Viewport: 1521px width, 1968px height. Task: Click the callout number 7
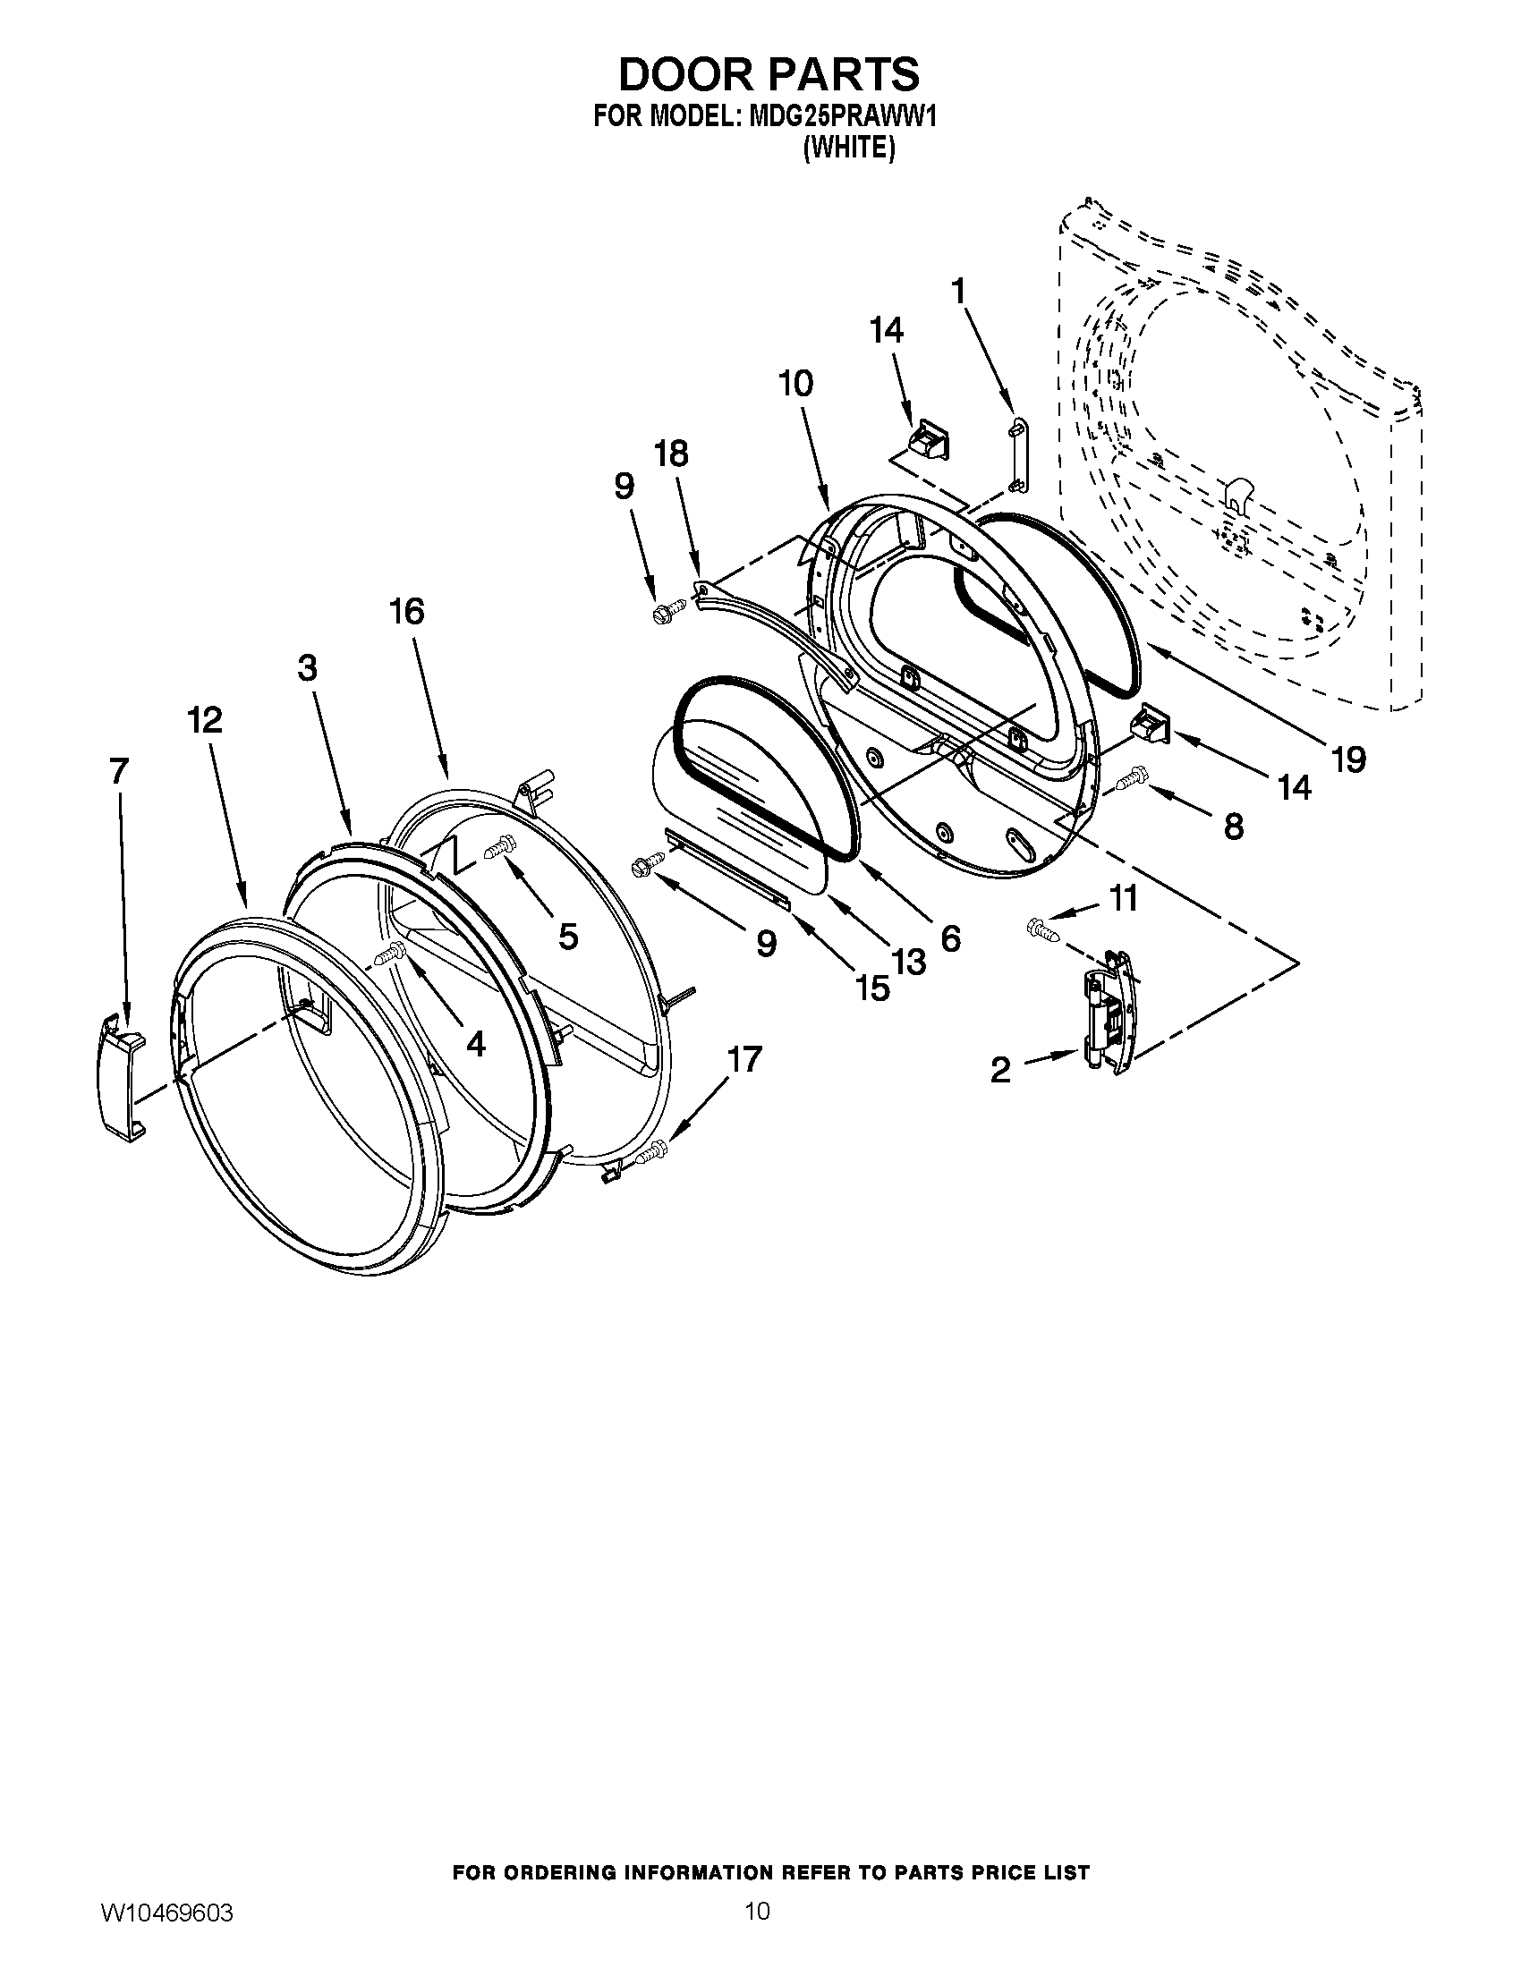tap(119, 771)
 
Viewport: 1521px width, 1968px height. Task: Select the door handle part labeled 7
tap(121, 1076)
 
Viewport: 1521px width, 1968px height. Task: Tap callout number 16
tap(406, 612)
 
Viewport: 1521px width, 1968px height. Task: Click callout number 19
tap(1348, 759)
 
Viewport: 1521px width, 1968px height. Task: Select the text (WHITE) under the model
tap(848, 148)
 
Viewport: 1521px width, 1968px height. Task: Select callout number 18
tap(671, 454)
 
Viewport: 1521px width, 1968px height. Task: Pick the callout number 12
tap(206, 720)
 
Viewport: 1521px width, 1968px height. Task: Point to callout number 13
tap(908, 963)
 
